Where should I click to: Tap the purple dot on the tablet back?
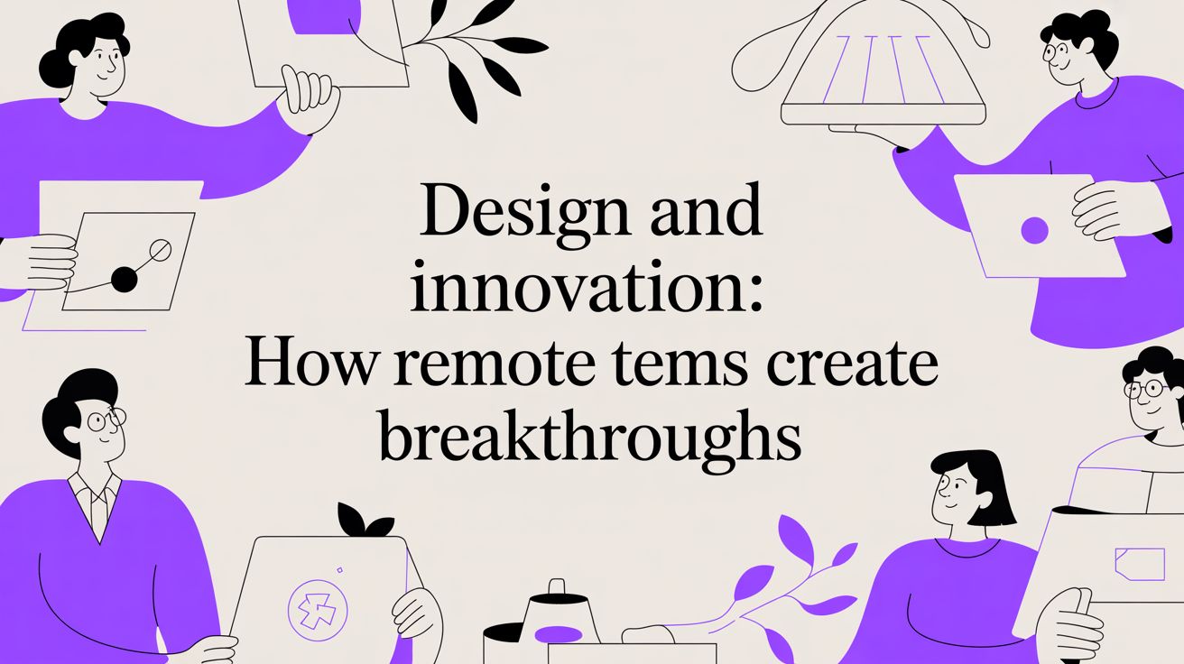1034,231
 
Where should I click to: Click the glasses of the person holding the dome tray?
1056,51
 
